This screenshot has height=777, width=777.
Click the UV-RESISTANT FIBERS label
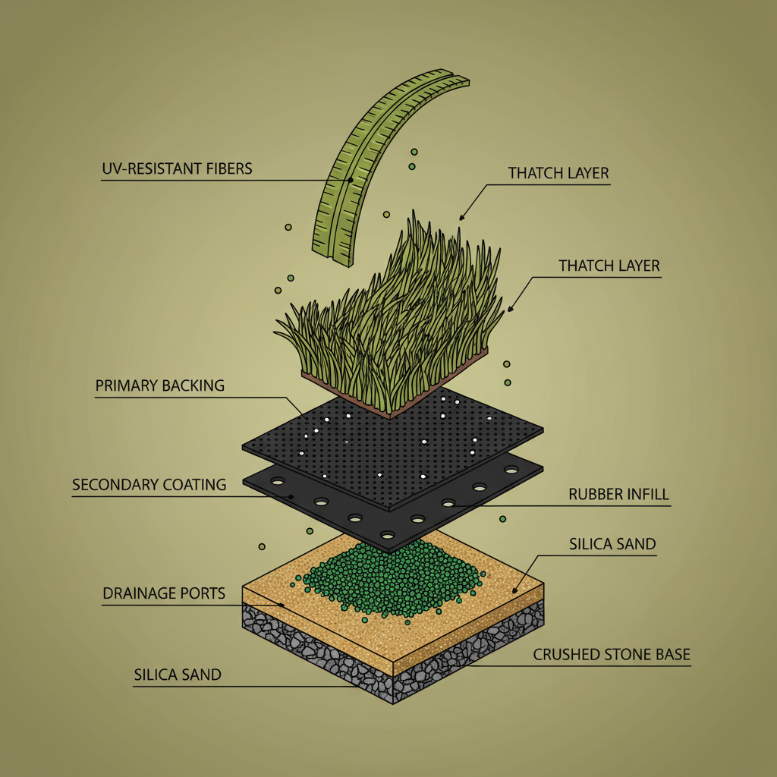(177, 168)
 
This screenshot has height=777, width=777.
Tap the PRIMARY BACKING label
(160, 385)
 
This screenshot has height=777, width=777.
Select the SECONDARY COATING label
(149, 484)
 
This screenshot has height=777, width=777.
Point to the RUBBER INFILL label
(618, 495)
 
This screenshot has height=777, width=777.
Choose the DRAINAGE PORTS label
(164, 593)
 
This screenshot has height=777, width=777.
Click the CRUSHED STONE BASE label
(612, 654)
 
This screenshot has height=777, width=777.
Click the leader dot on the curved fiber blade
(351, 181)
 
